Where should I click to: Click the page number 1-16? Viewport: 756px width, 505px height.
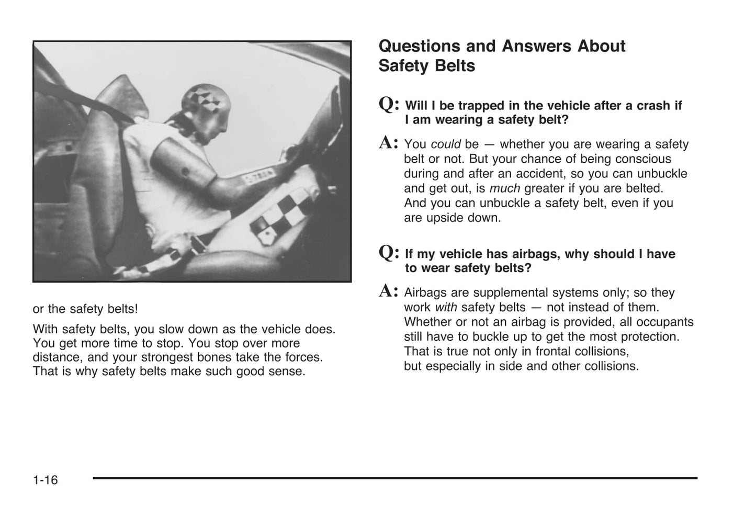pyautogui.click(x=46, y=480)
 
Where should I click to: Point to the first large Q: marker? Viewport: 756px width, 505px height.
pyautogui.click(x=389, y=104)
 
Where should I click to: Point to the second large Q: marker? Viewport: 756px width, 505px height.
pyautogui.click(x=389, y=253)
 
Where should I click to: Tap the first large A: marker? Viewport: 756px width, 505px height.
pyautogui.click(x=388, y=142)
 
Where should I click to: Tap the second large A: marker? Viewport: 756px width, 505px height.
pyautogui.click(x=388, y=290)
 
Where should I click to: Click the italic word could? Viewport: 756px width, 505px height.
pyautogui.click(x=446, y=144)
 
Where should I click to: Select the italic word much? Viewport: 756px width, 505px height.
pyautogui.click(x=504, y=188)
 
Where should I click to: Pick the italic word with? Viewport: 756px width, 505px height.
pyautogui.click(x=446, y=307)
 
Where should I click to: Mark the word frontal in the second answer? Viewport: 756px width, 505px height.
pyautogui.click(x=555, y=351)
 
